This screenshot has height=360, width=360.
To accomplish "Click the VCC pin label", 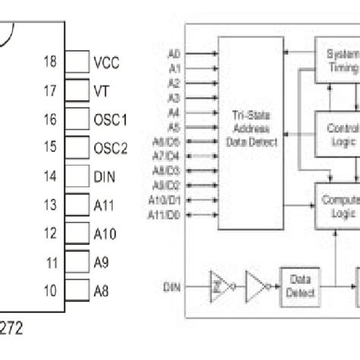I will (106, 63).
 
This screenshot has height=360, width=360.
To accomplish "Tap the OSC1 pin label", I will (110, 120).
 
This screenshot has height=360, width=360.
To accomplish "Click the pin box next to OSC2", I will (77, 147).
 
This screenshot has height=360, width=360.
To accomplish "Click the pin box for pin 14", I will (77, 175).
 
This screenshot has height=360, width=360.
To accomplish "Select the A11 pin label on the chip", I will (104, 205).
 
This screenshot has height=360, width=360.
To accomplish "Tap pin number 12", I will (50, 234).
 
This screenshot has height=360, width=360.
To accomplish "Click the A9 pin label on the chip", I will (101, 262).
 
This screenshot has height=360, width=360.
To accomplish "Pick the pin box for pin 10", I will (77, 290).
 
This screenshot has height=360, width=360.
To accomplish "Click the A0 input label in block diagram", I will (174, 53).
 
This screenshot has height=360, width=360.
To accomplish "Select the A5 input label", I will (174, 127).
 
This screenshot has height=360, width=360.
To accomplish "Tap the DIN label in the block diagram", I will (172, 287).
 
